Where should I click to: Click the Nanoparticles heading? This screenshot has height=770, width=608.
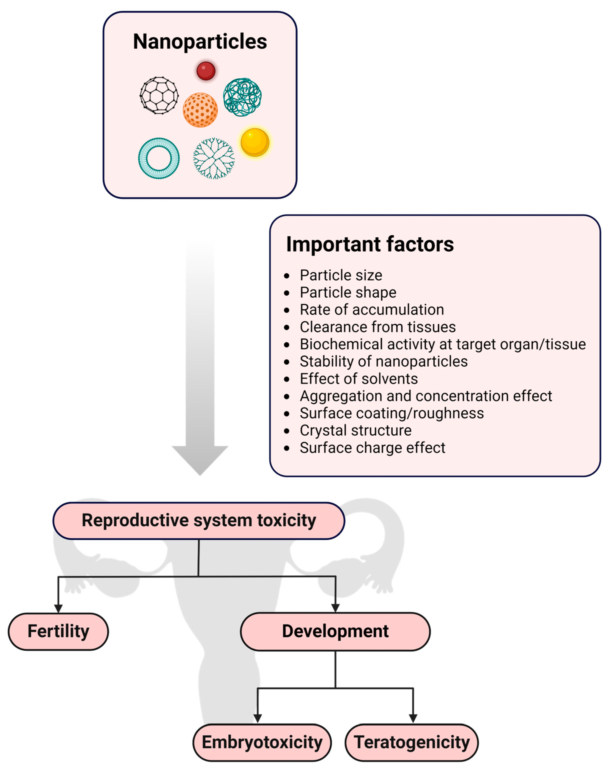click(200, 42)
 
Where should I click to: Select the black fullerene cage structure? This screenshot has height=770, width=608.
click(159, 95)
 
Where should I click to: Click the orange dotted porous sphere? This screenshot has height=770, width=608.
click(200, 110)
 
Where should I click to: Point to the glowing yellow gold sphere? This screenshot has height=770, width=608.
click(255, 143)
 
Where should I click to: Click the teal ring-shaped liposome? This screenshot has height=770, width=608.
click(159, 158)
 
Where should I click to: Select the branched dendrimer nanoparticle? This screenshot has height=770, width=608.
click(214, 158)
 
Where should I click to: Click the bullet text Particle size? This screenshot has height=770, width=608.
click(341, 275)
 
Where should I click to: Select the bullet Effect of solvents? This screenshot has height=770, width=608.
click(359, 379)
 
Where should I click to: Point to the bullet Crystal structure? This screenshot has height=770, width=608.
click(355, 430)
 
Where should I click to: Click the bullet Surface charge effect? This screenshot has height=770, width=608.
click(372, 448)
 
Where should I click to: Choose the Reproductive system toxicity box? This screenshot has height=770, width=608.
click(199, 520)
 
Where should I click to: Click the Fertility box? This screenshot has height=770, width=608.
click(58, 631)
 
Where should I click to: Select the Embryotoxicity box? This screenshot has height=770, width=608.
click(262, 742)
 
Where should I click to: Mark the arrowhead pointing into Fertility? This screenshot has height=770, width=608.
click(58, 608)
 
